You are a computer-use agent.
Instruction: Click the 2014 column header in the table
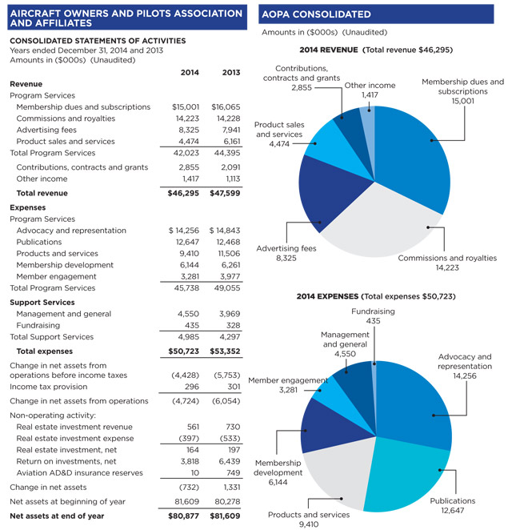[x=190, y=73]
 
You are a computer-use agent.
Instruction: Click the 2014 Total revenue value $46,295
[x=185, y=193]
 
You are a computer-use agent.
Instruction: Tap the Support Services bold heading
[x=42, y=303]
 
